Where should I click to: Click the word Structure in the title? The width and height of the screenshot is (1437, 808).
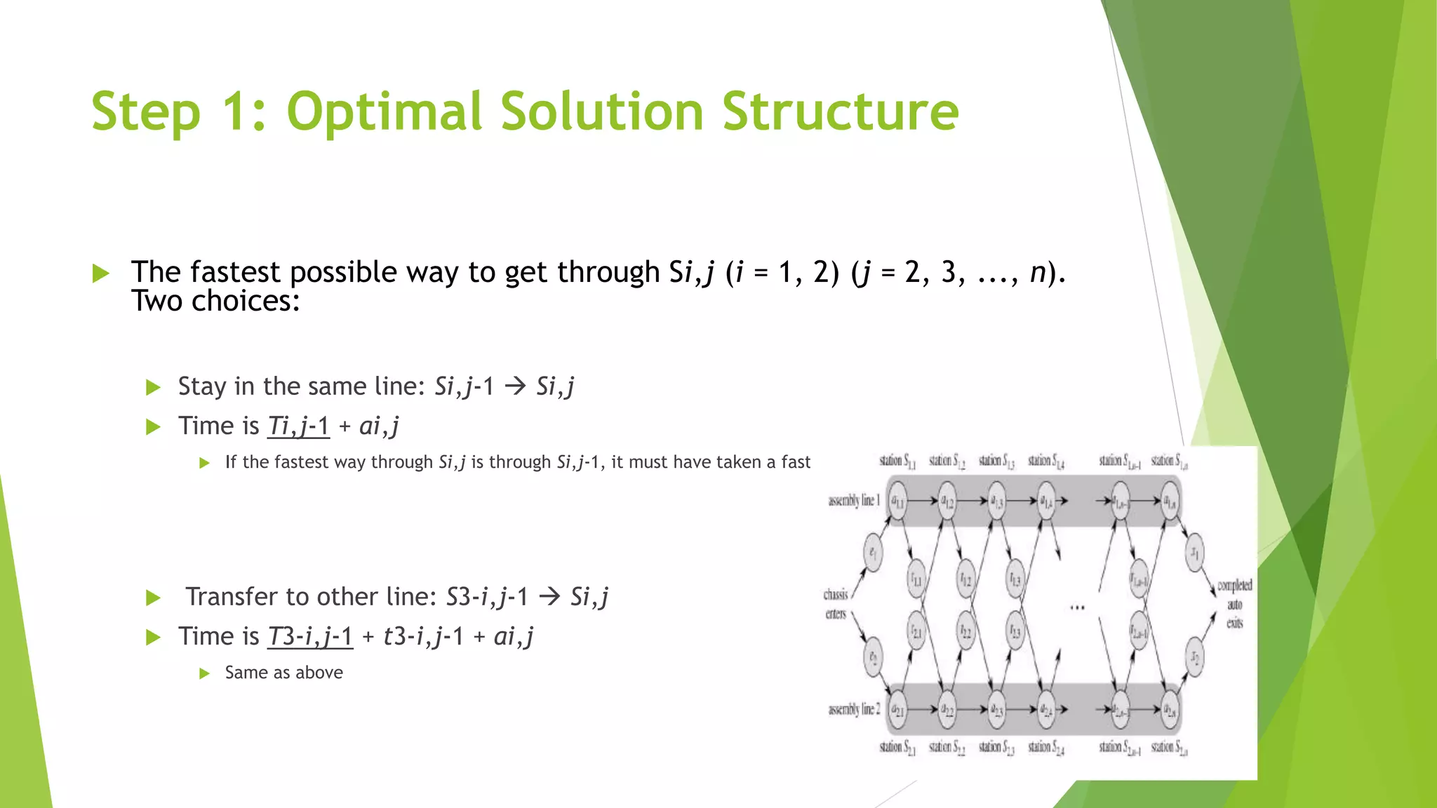[x=840, y=112]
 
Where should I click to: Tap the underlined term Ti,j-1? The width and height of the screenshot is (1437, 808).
[x=298, y=426]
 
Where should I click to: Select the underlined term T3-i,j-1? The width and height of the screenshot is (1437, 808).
[x=310, y=636]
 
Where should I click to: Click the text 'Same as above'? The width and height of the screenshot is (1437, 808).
[x=283, y=673]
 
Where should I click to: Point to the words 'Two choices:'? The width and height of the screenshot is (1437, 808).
[x=215, y=302]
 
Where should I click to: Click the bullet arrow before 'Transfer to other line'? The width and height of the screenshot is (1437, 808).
[x=153, y=598]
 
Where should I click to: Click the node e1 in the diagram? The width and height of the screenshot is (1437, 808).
[x=872, y=552]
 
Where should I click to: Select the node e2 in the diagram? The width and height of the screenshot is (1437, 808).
[x=873, y=657]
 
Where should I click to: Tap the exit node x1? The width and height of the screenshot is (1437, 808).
[x=1195, y=553]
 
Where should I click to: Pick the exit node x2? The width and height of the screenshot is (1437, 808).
[x=1195, y=657]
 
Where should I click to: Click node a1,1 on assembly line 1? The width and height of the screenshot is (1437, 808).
[x=897, y=501]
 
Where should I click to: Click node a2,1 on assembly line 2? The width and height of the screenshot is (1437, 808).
[x=897, y=710]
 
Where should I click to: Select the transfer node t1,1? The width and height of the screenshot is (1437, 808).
[x=916, y=579]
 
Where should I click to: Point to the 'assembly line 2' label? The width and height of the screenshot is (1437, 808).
[x=854, y=710]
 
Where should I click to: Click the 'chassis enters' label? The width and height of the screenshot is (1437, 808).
[x=836, y=604]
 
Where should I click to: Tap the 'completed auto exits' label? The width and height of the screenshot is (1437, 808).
[x=1234, y=604]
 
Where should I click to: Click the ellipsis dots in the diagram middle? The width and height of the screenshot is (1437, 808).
[x=1078, y=607]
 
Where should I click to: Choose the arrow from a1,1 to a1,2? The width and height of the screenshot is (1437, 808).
[x=923, y=501]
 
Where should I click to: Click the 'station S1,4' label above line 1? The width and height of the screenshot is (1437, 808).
[x=1046, y=462]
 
